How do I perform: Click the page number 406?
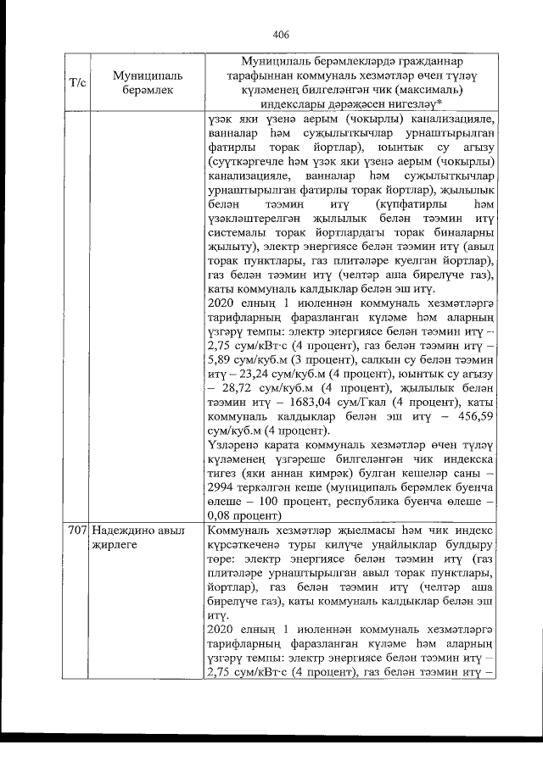(x=282, y=35)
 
